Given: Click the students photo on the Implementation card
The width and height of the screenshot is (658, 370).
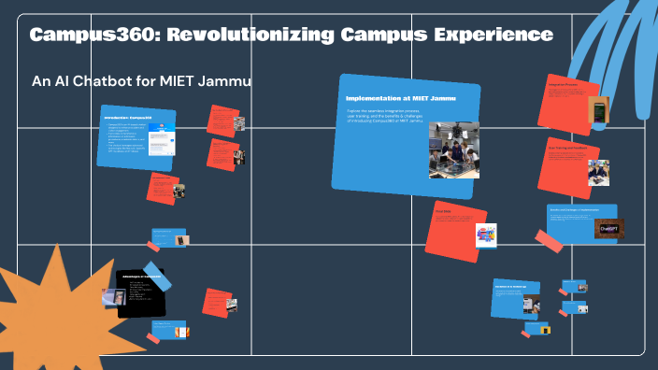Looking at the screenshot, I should (453, 149).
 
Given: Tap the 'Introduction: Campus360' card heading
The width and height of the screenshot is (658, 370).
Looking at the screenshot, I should (128, 117).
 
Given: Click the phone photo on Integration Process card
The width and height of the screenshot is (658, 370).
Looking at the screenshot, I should (598, 110).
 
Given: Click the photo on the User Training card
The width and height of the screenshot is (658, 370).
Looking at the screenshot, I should (598, 172).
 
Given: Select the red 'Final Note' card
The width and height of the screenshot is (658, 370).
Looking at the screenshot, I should (452, 229).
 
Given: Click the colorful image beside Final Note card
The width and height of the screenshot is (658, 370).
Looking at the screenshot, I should (486, 235).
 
